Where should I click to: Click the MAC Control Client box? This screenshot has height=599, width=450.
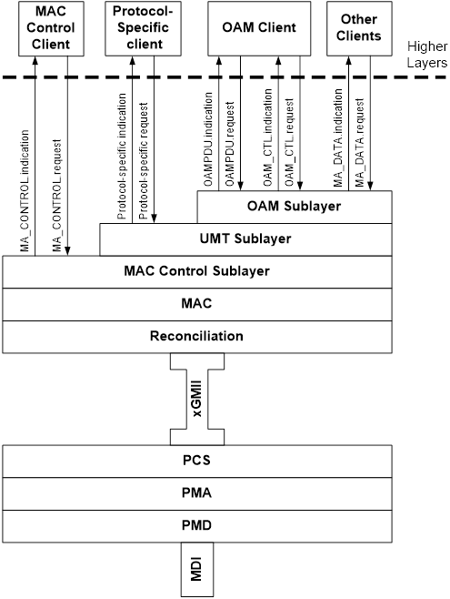[x=51, y=28]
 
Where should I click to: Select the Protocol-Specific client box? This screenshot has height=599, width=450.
[x=143, y=28]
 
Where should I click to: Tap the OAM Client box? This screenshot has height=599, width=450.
[x=259, y=28]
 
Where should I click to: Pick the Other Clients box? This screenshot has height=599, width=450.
[x=359, y=28]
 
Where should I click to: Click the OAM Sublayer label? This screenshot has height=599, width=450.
[x=294, y=206]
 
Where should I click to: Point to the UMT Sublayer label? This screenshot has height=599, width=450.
[x=245, y=239]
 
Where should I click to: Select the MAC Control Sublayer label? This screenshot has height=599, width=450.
[x=196, y=271]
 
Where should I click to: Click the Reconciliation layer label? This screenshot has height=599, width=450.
[x=196, y=336]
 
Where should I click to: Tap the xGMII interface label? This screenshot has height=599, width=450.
[x=197, y=399]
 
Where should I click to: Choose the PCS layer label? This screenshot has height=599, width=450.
[x=196, y=461]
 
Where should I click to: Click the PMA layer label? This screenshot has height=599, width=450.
[x=196, y=492]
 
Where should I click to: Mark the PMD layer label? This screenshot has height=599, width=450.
[x=196, y=525]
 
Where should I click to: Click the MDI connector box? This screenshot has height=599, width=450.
[x=197, y=569]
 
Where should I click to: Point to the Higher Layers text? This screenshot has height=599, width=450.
[x=427, y=55]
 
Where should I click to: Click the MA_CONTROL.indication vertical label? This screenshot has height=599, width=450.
[x=25, y=190]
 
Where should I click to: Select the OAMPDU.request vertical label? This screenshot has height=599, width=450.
[x=230, y=144]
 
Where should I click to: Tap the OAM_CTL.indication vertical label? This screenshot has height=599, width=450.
[x=268, y=137]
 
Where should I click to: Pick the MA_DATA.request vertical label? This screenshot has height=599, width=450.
[x=360, y=143]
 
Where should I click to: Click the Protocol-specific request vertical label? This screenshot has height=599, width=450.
[x=144, y=161]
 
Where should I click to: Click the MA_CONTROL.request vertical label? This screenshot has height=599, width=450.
[x=57, y=195]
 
